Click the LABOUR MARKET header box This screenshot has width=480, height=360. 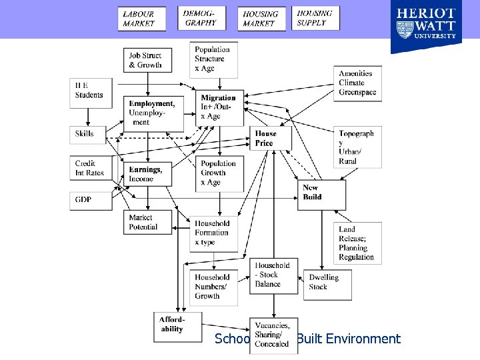point(142,18)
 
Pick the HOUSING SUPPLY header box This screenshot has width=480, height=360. point(315,18)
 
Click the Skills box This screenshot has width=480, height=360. point(86,133)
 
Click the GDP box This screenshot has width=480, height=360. point(86,199)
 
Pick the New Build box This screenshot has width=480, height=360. point(321,193)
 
